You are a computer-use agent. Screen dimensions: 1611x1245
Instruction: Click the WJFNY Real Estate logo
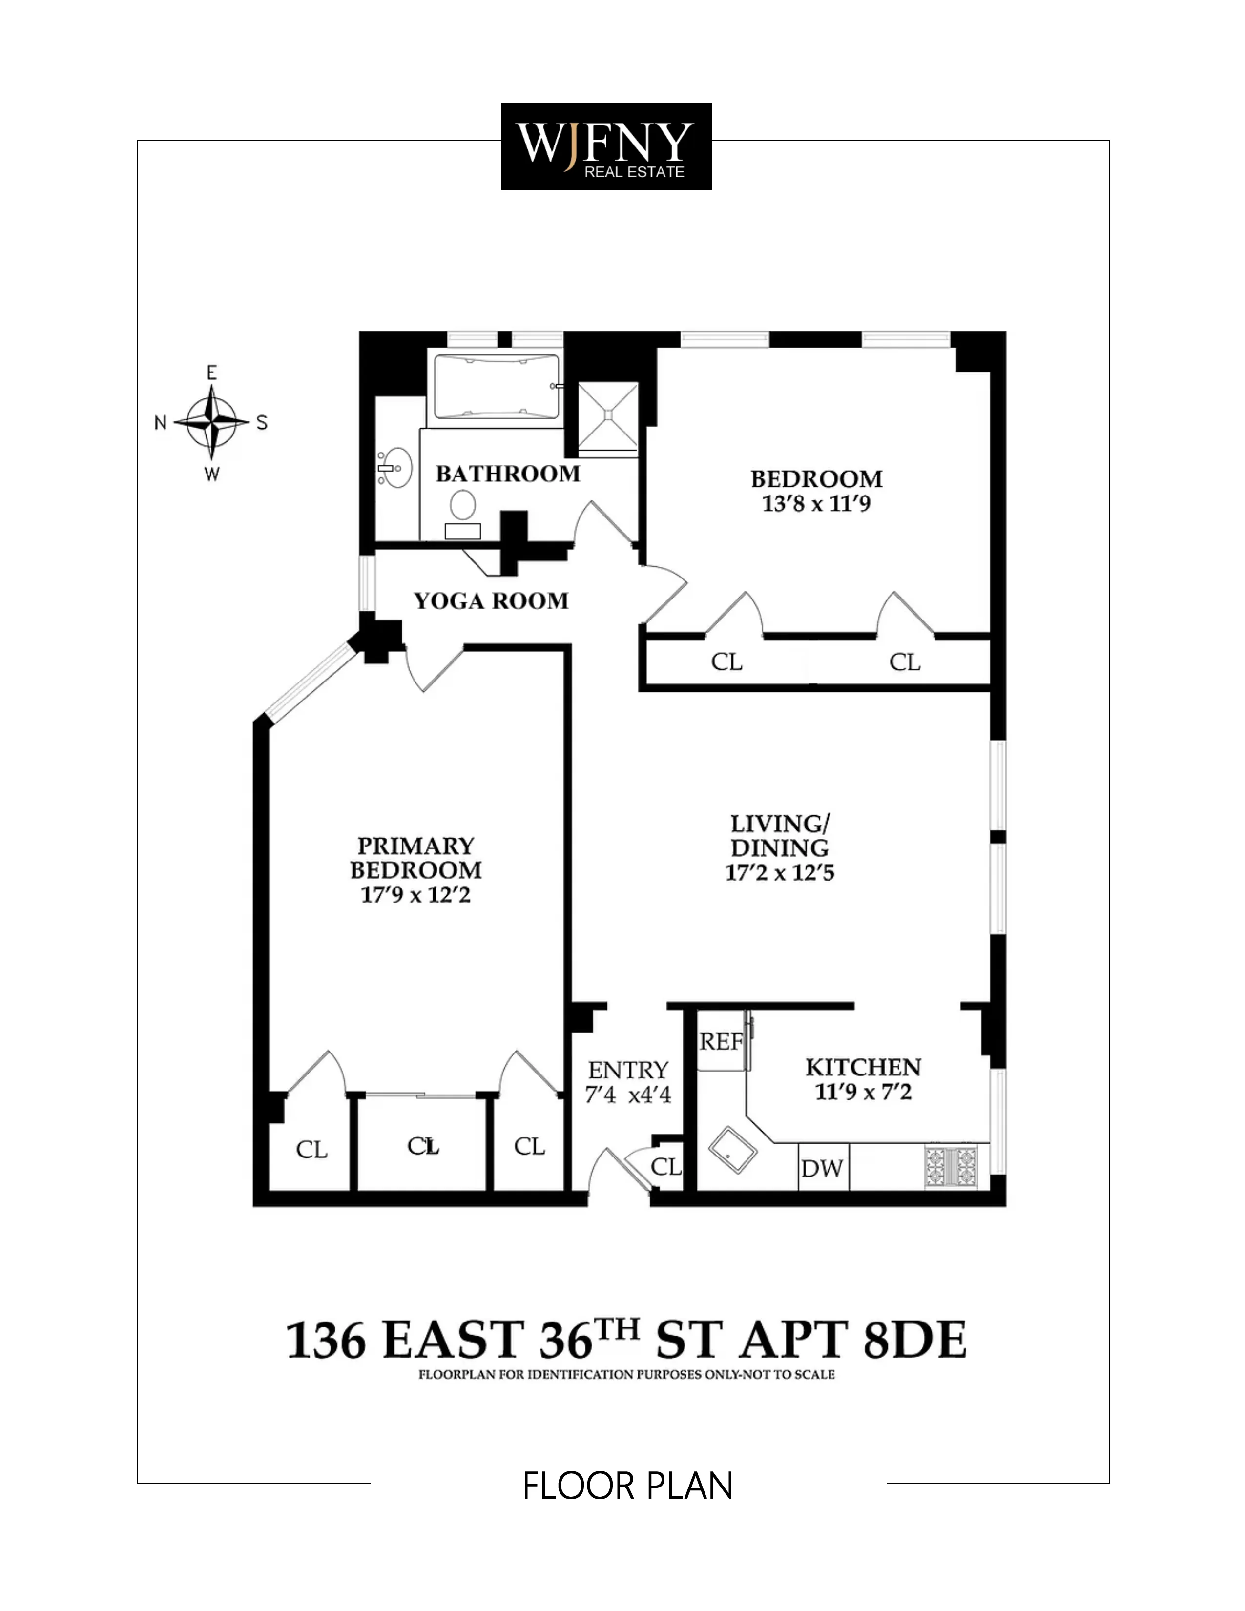pos(605,147)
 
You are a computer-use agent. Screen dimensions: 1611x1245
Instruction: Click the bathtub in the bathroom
pos(495,387)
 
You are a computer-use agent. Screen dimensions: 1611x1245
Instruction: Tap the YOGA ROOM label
pos(491,601)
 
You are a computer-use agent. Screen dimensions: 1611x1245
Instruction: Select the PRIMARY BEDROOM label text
pos(415,857)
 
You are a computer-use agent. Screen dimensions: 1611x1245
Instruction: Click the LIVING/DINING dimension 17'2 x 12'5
pos(780,873)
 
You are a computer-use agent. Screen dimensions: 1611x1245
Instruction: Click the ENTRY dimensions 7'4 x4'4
pos(628,1095)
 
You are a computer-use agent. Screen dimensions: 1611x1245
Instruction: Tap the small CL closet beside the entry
pos(666,1166)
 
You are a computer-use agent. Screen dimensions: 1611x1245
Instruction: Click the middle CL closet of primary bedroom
pos(423,1146)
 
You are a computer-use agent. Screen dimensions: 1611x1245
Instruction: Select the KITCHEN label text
pos(863,1067)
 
